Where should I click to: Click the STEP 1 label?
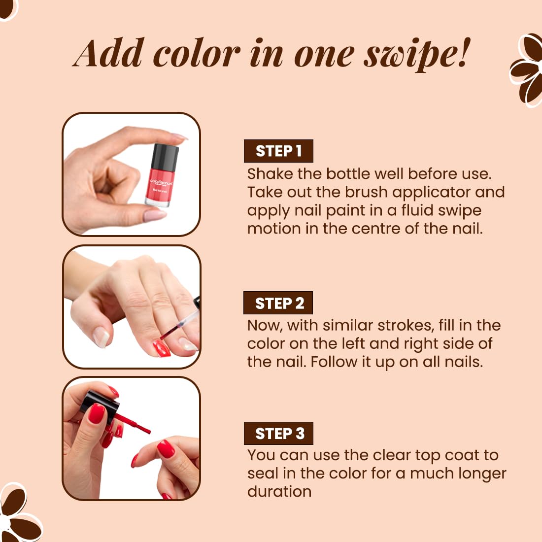(278, 151)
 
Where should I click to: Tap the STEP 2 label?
(278, 303)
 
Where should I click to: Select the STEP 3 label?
(278, 433)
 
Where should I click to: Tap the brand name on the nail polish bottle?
(161, 182)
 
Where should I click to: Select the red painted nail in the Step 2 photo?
(162, 348)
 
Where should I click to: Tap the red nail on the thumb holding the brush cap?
(97, 413)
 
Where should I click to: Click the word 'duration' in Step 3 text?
(279, 491)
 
